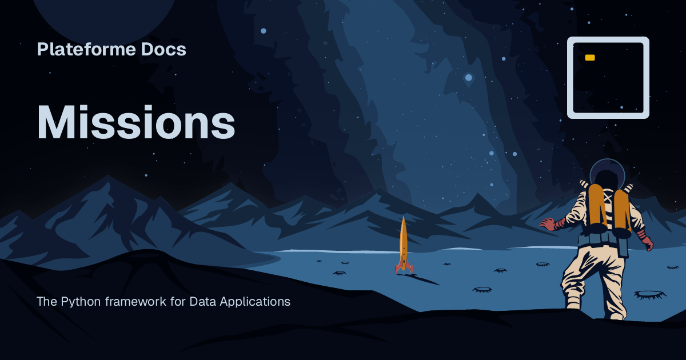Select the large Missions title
[x=136, y=123]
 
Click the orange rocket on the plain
[x=404, y=246]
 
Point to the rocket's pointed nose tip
[x=404, y=217]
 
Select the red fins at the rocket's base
[x=404, y=267]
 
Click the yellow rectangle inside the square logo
[x=590, y=58]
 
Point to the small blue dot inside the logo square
[x=622, y=106]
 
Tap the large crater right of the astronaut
[x=650, y=294]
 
